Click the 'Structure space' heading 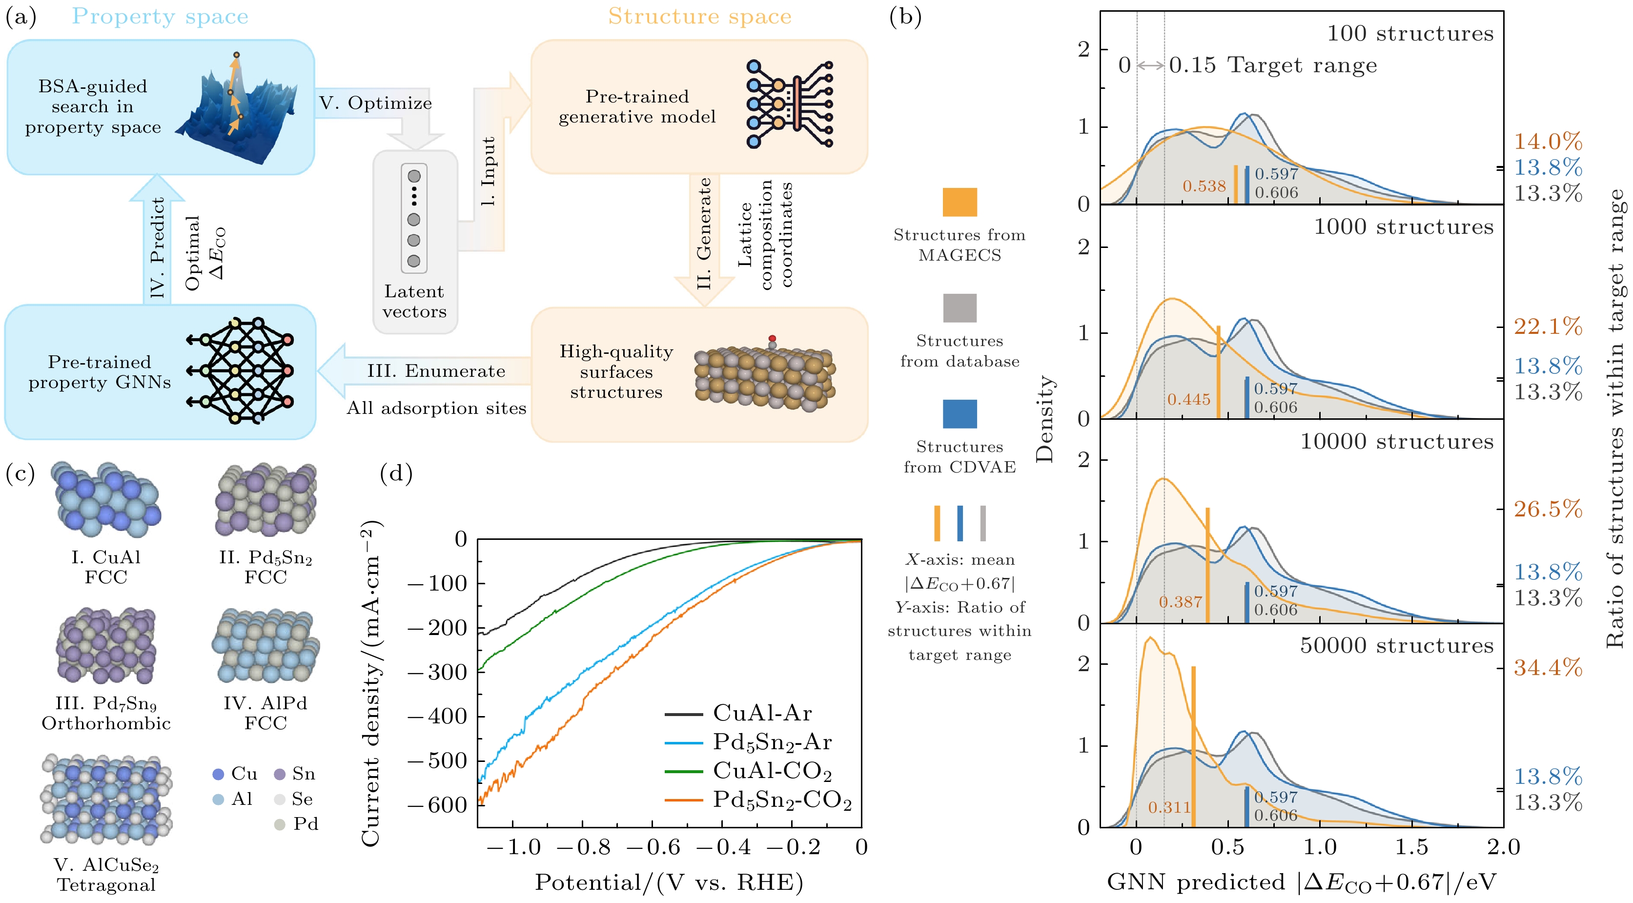(699, 17)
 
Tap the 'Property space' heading (160, 17)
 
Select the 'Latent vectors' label (414, 301)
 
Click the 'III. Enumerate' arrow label (436, 371)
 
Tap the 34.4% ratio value (1548, 668)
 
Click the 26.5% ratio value (1548, 509)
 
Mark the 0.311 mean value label (1169, 807)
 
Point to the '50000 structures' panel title (1397, 646)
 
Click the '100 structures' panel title (1410, 34)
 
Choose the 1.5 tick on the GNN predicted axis (1412, 847)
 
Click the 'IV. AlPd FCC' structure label (265, 713)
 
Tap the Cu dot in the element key (218, 774)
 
